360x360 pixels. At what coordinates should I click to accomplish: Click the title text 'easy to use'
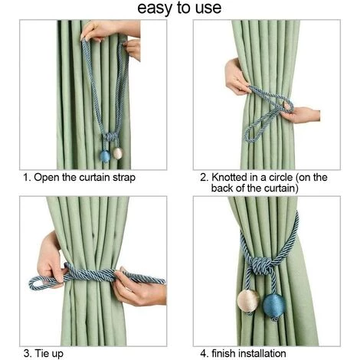tap(179, 8)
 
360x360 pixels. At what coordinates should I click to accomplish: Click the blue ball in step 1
tap(105, 156)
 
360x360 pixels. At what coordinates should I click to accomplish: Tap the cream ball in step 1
tap(117, 153)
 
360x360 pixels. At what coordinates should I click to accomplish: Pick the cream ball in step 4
tap(248, 301)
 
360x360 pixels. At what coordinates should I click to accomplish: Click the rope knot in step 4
tap(259, 265)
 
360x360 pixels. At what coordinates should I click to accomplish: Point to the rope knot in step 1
tap(110, 137)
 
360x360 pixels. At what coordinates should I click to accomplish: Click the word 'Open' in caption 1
tap(47, 178)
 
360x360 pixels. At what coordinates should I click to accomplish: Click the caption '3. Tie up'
tap(44, 354)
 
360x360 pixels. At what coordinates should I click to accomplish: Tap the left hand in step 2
tap(236, 77)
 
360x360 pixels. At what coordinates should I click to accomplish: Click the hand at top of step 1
tap(110, 31)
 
